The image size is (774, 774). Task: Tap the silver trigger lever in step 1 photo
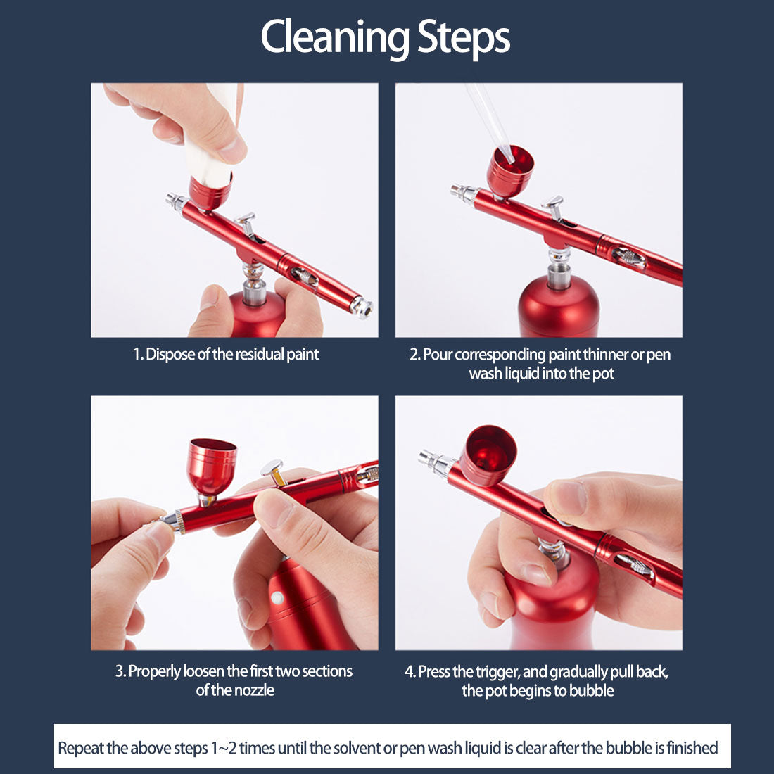246,224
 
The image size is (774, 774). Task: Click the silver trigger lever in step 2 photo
554,207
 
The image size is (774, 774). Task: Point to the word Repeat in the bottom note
80,747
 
